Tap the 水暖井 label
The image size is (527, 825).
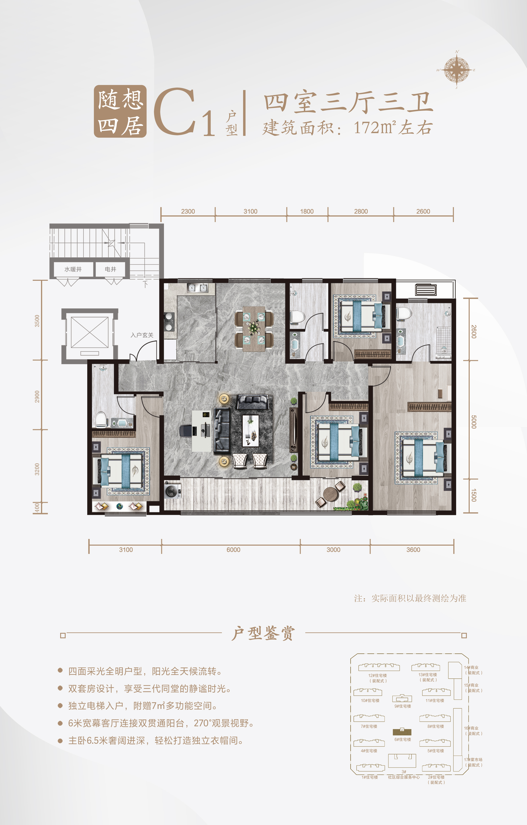[x=73, y=269]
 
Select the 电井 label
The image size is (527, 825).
[x=110, y=269]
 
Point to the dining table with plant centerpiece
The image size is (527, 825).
[x=254, y=329]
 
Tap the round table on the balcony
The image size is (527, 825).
[x=331, y=494]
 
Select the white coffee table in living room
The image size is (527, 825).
[x=251, y=431]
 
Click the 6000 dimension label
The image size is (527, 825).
[x=233, y=549]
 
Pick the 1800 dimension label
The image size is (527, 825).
[x=307, y=211]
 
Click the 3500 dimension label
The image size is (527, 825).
[x=37, y=321]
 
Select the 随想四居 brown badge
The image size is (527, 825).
[x=120, y=111]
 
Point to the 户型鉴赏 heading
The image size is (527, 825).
[x=263, y=633]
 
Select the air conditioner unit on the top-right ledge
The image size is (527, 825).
[x=426, y=290]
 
